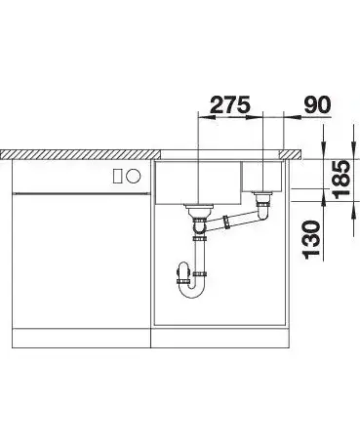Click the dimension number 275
pos(230,104)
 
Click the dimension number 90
pos(317,104)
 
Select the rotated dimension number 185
pos(341,180)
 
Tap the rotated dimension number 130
pos(312,240)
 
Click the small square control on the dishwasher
pos(117,176)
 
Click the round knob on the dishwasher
pos(134,176)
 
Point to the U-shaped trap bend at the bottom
pos(193,290)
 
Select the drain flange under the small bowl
pos(262,194)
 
